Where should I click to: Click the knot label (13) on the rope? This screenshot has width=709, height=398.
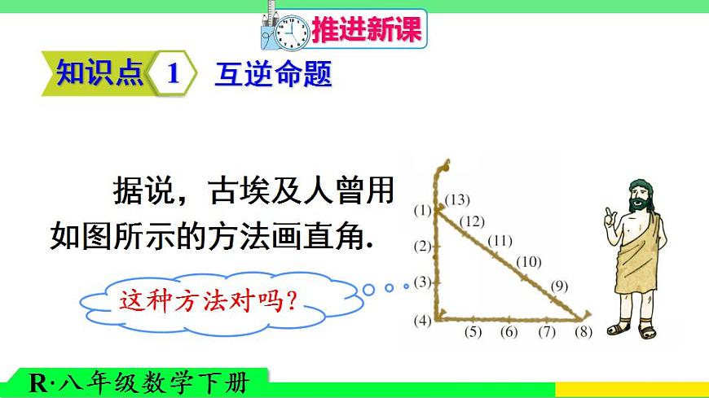coord(458,199)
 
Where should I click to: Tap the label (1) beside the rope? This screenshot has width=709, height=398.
coord(421,210)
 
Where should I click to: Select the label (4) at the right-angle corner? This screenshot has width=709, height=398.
coord(421,320)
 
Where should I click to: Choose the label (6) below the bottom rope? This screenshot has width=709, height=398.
coord(509,331)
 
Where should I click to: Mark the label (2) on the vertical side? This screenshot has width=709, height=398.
coord(421,246)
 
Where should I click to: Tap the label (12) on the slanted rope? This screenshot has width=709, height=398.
coord(472,221)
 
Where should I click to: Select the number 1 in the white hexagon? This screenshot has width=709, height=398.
coord(172,75)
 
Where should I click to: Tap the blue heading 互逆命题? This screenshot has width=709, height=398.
coord(272,75)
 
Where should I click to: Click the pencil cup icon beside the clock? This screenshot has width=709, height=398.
coord(271,28)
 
